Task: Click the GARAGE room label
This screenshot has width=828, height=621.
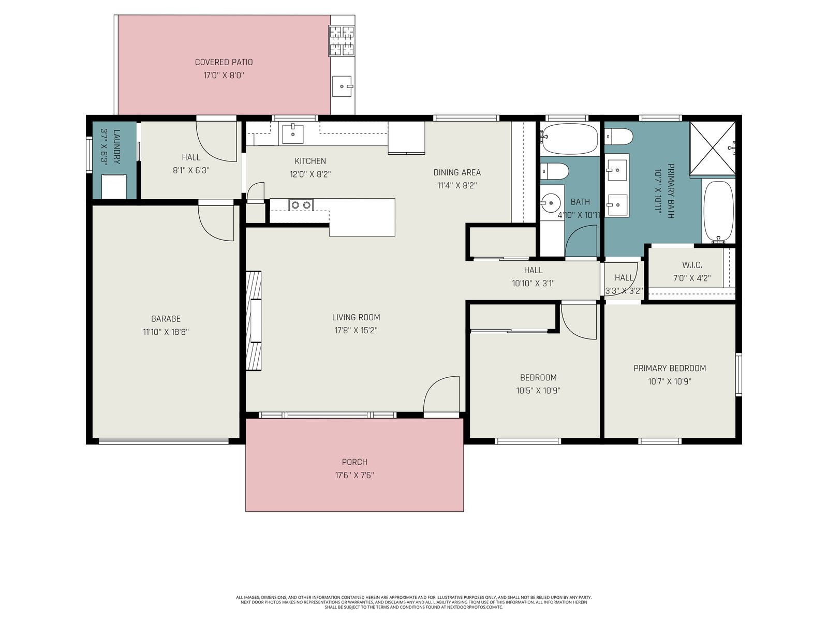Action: [x=166, y=319]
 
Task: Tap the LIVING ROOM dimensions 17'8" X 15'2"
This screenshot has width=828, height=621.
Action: [x=356, y=330]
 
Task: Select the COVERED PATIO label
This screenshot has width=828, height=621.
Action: [x=224, y=62]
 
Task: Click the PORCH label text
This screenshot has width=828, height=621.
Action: [x=354, y=462]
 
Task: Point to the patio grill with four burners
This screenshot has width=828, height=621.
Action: [x=342, y=41]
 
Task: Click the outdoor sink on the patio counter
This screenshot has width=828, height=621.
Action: [x=342, y=86]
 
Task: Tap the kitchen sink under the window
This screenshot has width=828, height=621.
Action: [x=293, y=134]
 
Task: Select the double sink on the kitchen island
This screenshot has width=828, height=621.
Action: [x=301, y=205]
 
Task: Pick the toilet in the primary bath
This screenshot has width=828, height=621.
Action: [x=618, y=137]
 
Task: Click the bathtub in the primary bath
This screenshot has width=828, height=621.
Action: [x=719, y=211]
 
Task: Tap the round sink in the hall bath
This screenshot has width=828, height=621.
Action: [x=551, y=203]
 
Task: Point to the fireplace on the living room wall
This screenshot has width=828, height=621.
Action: [x=254, y=320]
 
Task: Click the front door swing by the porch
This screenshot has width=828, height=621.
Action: [x=441, y=394]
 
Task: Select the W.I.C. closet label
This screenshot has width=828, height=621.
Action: [x=692, y=264]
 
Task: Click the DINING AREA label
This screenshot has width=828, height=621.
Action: [x=457, y=172]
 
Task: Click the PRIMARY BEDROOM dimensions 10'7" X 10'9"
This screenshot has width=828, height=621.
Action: [x=670, y=381]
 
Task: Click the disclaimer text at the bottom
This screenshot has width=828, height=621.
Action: [x=414, y=602]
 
